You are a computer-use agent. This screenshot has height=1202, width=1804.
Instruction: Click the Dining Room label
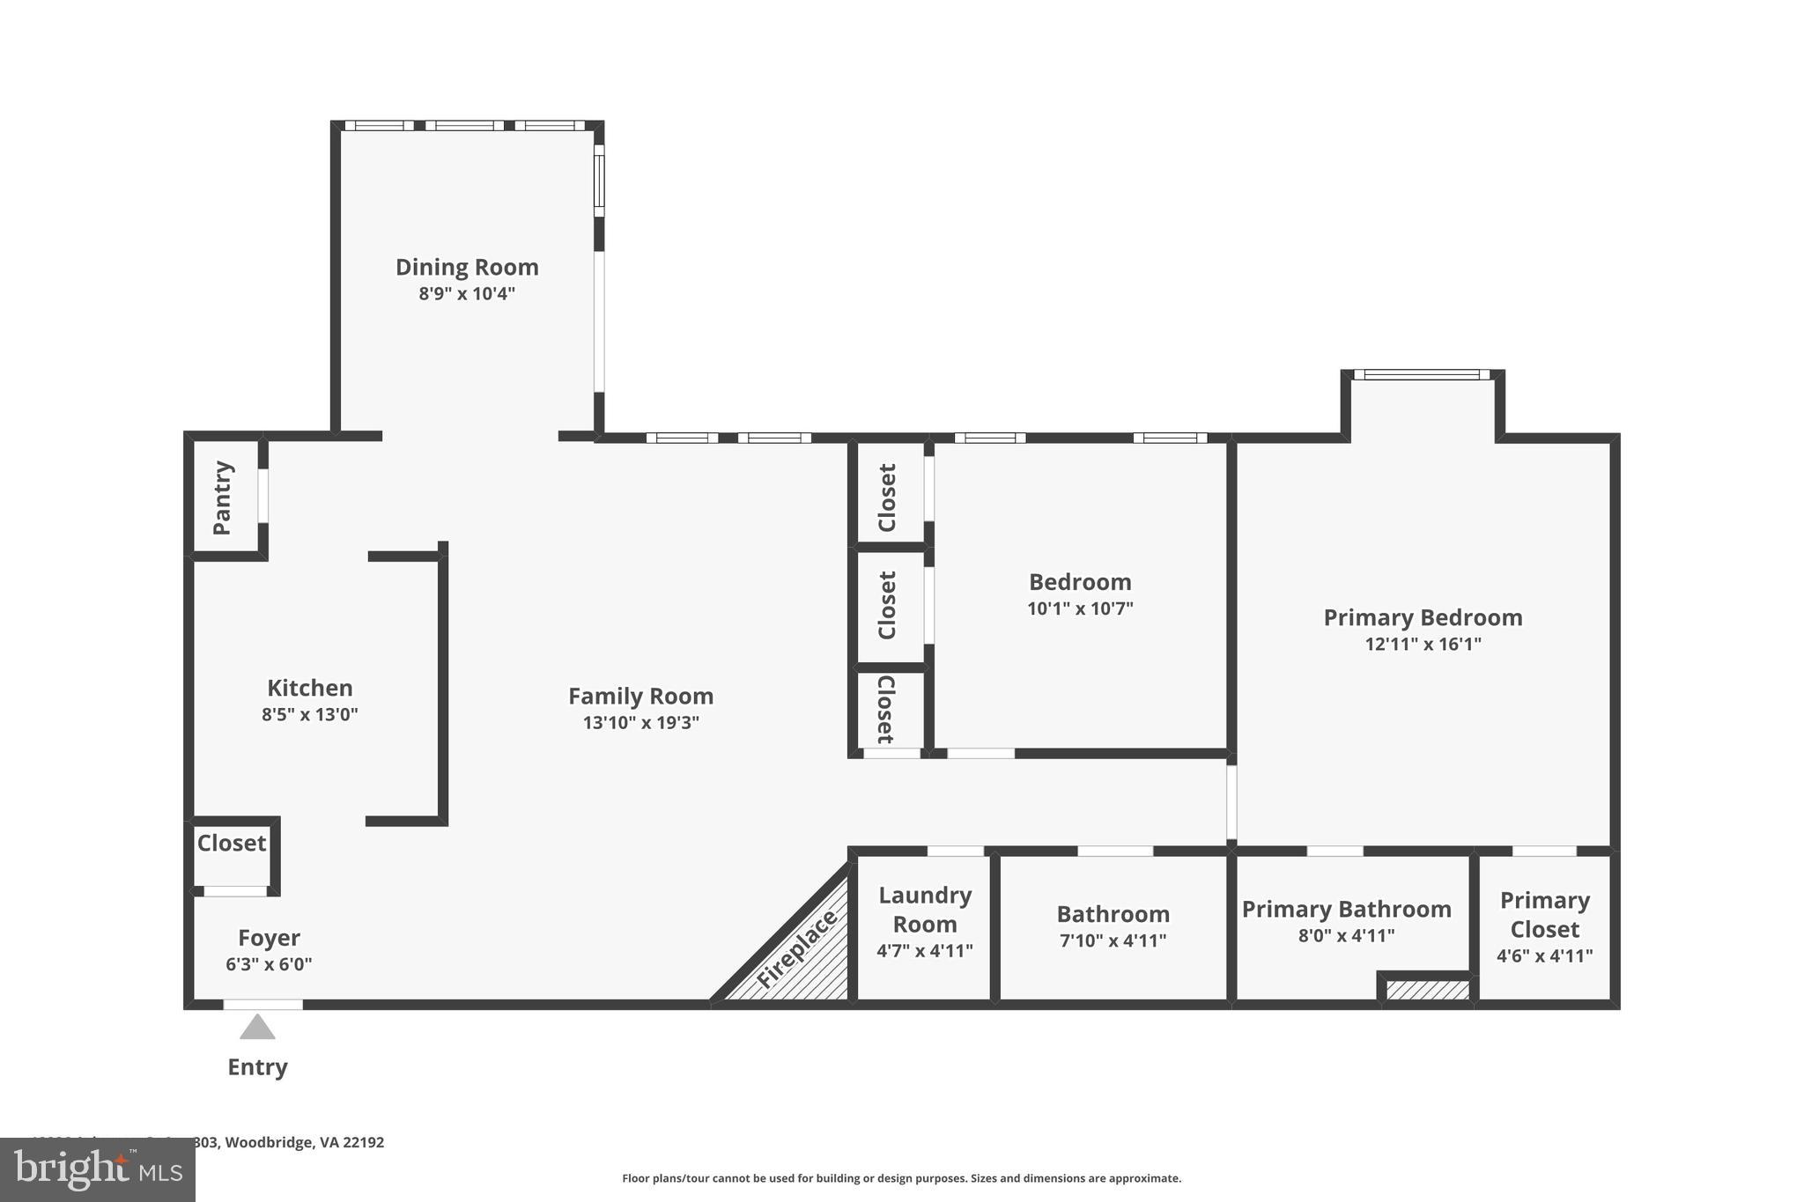pyautogui.click(x=467, y=267)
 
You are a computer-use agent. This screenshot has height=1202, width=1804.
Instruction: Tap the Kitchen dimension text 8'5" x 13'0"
pyautogui.click(x=310, y=714)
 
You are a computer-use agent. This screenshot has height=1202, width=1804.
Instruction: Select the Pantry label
pyautogui.click(x=222, y=498)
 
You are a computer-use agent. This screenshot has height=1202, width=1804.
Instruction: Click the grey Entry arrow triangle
pyautogui.click(x=257, y=1029)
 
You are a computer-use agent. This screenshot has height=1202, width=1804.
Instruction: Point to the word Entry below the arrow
pyautogui.click(x=257, y=1067)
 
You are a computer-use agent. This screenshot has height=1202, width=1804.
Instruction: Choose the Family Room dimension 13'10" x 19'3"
pyautogui.click(x=640, y=723)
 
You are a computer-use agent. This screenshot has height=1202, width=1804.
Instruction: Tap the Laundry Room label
pyautogui.click(x=925, y=910)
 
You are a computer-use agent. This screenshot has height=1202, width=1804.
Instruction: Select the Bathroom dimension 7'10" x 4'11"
pyautogui.click(x=1113, y=940)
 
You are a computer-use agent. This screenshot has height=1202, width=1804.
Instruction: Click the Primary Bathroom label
pyautogui.click(x=1346, y=909)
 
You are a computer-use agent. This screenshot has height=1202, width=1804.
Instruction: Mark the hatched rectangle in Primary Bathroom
pyautogui.click(x=1427, y=991)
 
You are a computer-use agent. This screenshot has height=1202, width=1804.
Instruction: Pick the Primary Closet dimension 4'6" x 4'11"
pyautogui.click(x=1544, y=955)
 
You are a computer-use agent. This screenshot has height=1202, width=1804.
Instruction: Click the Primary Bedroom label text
pyautogui.click(x=1423, y=617)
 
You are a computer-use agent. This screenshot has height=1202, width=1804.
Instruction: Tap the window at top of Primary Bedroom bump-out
pyautogui.click(x=1422, y=375)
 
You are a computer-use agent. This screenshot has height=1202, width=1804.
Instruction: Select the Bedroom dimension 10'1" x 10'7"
pyautogui.click(x=1080, y=608)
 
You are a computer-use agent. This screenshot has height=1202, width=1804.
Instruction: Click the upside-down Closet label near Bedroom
pyautogui.click(x=886, y=710)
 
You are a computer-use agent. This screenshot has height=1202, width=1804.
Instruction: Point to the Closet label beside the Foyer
pyautogui.click(x=231, y=843)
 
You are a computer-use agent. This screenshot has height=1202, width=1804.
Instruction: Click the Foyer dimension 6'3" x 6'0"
pyautogui.click(x=269, y=964)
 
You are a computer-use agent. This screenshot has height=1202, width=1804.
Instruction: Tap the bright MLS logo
pyautogui.click(x=97, y=1169)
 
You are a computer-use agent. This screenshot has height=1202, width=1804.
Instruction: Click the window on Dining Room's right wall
pyautogui.click(x=599, y=181)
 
